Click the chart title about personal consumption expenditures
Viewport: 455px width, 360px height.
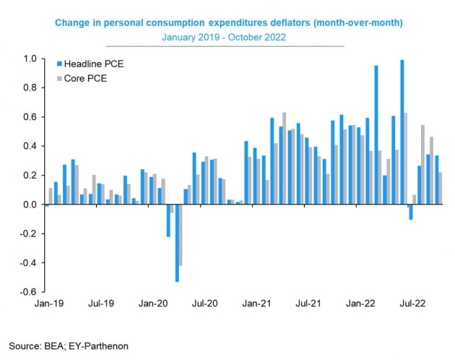point(229,23)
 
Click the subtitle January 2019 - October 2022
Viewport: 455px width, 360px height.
point(228,37)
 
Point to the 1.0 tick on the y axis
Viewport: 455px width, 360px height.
point(30,59)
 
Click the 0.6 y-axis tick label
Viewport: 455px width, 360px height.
point(30,117)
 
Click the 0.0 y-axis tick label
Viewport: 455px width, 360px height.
point(30,205)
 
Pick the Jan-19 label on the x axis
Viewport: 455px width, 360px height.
point(48,305)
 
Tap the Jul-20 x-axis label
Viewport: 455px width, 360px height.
point(206,305)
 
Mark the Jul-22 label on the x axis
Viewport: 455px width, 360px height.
point(415,305)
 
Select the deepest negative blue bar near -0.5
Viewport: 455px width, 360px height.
point(177,243)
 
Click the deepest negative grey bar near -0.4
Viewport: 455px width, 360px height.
point(181,235)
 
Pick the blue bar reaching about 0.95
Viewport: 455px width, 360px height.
point(376,135)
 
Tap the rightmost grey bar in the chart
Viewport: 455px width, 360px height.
point(441,188)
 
